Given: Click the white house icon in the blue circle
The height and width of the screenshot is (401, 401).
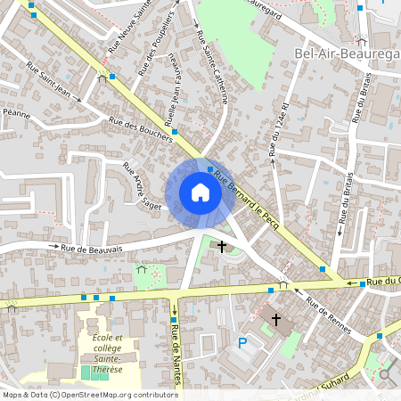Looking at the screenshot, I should pyautogui.click(x=200, y=192).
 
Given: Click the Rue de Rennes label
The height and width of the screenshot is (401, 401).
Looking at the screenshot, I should pyautogui.click(x=329, y=316).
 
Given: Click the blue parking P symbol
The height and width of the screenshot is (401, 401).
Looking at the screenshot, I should pyautogui.click(x=241, y=343).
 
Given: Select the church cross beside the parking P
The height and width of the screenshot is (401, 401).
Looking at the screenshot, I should pyautogui.click(x=276, y=319).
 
